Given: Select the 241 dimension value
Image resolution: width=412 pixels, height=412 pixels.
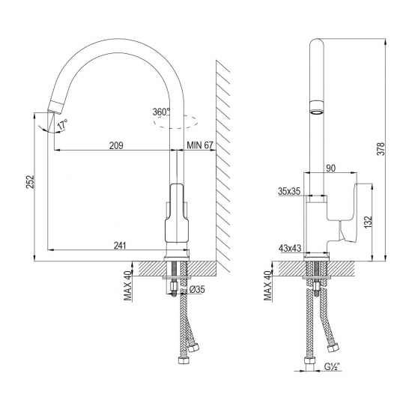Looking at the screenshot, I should (x=120, y=243).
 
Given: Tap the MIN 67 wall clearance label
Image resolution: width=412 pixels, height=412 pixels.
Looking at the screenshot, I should (x=199, y=145).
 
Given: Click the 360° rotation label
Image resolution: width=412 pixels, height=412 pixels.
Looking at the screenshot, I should (x=160, y=112).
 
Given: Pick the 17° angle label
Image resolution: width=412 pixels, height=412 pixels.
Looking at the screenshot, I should (x=62, y=123).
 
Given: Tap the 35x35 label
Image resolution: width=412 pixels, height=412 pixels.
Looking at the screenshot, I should (x=289, y=192).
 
